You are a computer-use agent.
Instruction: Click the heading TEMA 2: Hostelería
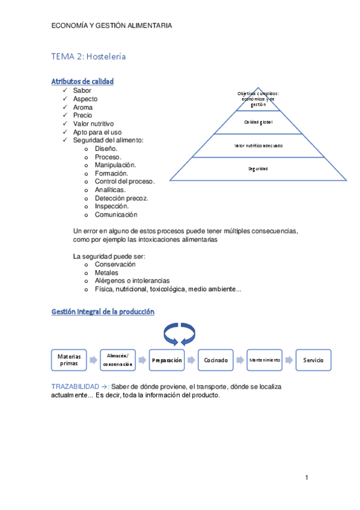tap(88, 57)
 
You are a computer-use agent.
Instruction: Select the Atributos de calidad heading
tap(82, 81)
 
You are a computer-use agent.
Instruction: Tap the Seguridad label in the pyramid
tap(258, 168)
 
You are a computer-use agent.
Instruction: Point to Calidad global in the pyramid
tap(258, 122)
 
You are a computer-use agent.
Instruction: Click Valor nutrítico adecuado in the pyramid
tap(258, 146)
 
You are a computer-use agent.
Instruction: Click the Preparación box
tap(167, 360)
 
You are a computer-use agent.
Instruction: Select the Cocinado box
tap(216, 360)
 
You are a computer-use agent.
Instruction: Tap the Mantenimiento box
tap(264, 360)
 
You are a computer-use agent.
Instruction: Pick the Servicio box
tap(314, 360)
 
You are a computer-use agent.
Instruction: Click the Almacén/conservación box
tap(118, 360)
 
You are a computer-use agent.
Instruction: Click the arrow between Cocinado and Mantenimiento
tap(240, 360)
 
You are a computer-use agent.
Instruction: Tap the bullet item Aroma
tap(83, 107)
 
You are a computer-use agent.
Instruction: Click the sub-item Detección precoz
tap(121, 197)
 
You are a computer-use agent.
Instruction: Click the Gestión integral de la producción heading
tap(103, 312)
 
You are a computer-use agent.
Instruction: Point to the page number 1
tap(306, 478)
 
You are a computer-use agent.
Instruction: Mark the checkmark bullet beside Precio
tap(65, 115)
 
